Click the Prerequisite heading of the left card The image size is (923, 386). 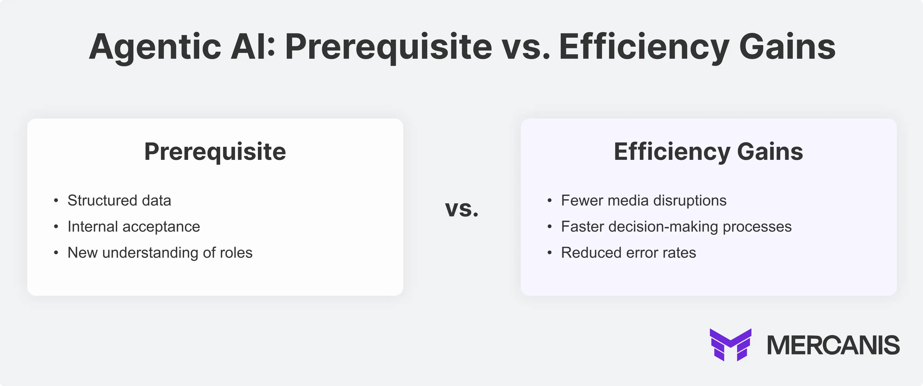[215, 152]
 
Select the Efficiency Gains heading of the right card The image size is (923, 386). [708, 152]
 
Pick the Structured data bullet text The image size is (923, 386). [119, 200]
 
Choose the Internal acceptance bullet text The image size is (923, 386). [134, 226]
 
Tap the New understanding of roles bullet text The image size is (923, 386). [160, 253]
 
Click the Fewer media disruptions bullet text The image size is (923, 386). [644, 200]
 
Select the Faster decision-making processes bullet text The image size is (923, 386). [676, 226]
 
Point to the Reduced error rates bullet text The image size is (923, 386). [628, 253]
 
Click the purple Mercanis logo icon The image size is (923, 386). [730, 344]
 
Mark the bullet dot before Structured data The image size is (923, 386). [56, 201]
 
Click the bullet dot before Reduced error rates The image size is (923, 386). [550, 253]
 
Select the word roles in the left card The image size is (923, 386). [236, 253]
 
